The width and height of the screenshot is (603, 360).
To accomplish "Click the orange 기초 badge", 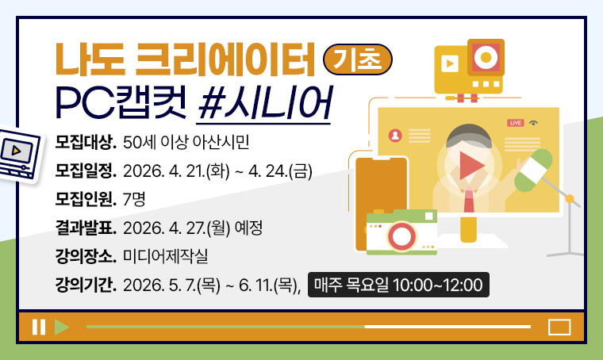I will point(365,58).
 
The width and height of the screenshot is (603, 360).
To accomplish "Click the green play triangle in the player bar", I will point(62,327).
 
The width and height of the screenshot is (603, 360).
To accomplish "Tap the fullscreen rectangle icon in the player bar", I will point(559,327).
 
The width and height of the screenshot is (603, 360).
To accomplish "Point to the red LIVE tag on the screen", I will point(516,123).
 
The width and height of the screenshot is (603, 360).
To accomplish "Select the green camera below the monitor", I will point(401,232).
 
